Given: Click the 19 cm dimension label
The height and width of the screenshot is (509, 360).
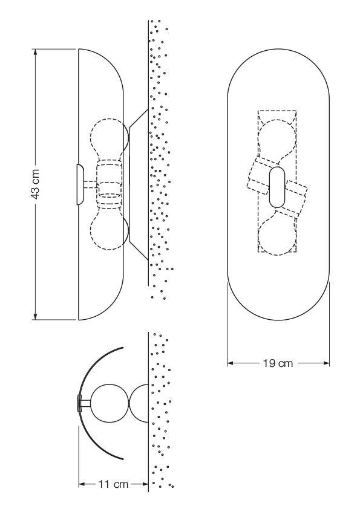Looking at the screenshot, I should coord(279,363).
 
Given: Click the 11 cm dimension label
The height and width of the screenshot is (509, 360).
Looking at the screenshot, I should coord(114,484).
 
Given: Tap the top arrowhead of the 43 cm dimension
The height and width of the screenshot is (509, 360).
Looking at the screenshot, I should coord(36,53).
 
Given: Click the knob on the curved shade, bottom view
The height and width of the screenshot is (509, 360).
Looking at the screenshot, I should coord(79,403).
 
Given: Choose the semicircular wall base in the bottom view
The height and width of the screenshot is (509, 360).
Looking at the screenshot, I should coord(140,403).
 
